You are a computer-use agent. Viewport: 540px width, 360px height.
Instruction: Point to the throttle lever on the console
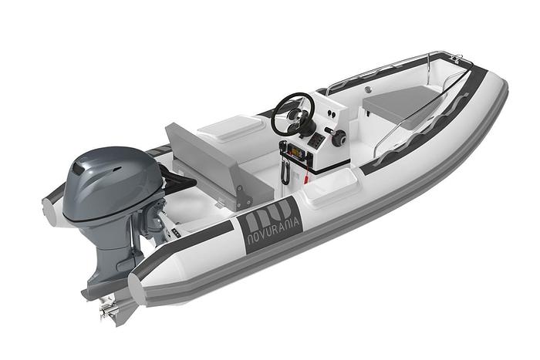pyautogui.click(x=337, y=139)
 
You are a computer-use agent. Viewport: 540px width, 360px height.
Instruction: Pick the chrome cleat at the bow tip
pyautogui.click(x=457, y=59)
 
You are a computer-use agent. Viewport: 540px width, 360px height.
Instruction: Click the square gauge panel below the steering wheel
pyautogui.click(x=316, y=142)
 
